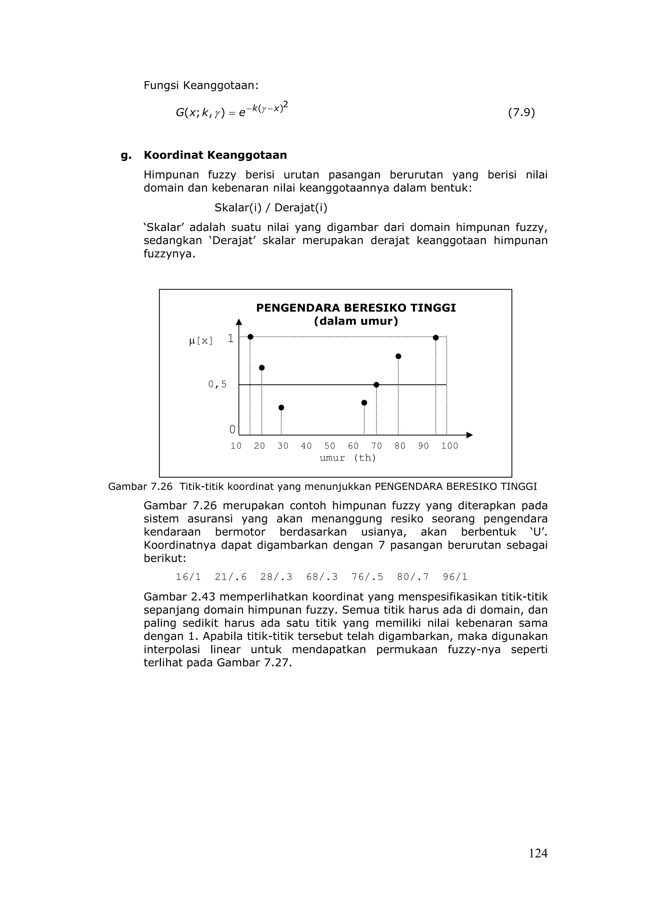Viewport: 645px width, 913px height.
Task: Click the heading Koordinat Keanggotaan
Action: (x=215, y=155)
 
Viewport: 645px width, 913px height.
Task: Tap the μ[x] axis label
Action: (x=201, y=341)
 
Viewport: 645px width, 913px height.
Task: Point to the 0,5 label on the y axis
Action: (x=217, y=384)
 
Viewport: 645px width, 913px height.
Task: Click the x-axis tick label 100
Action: (x=449, y=446)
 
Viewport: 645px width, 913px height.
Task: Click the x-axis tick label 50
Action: (x=329, y=446)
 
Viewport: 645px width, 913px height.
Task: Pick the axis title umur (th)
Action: (x=348, y=458)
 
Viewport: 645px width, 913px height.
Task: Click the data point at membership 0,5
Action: (x=376, y=385)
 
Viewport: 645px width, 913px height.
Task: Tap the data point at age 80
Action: (x=398, y=356)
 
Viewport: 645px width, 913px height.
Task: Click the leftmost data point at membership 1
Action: (x=250, y=337)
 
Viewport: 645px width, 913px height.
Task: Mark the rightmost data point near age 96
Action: (x=436, y=338)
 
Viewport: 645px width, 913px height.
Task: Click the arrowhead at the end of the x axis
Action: (x=470, y=435)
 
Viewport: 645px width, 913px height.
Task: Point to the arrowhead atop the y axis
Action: (x=239, y=322)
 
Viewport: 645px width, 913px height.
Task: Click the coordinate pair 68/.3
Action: (x=322, y=577)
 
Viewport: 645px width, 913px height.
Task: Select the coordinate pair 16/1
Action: (x=188, y=577)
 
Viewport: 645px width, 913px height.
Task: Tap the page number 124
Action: (x=538, y=853)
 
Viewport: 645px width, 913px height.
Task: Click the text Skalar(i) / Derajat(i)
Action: (x=271, y=208)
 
